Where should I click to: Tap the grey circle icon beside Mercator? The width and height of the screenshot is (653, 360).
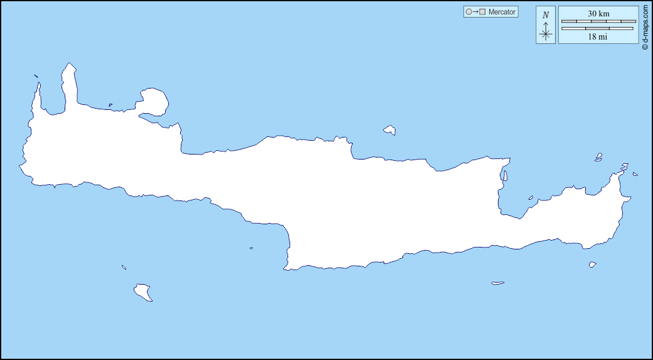(468, 12)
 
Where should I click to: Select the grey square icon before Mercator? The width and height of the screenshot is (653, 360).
(482, 12)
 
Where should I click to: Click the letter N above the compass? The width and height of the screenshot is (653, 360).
(546, 15)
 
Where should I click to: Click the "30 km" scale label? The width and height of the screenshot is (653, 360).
(598, 13)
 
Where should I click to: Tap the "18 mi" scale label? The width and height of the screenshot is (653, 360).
(598, 37)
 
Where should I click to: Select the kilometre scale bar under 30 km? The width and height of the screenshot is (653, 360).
(598, 21)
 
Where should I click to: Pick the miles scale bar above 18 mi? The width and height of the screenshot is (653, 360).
(598, 28)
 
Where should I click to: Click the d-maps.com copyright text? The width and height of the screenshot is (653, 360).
(645, 26)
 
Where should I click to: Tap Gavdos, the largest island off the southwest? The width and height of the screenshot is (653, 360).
(143, 292)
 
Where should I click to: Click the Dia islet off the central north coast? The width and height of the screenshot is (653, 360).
(390, 130)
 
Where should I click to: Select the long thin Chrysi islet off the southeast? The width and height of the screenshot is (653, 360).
(498, 283)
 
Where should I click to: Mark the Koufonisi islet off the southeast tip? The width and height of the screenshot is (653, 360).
(592, 265)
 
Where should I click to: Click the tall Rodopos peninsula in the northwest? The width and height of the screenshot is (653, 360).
(69, 85)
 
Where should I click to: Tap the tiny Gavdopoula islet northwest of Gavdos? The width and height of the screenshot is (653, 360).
(124, 267)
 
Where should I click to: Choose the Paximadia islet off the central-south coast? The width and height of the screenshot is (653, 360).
(251, 248)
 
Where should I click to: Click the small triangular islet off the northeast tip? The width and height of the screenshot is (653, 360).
(635, 174)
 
